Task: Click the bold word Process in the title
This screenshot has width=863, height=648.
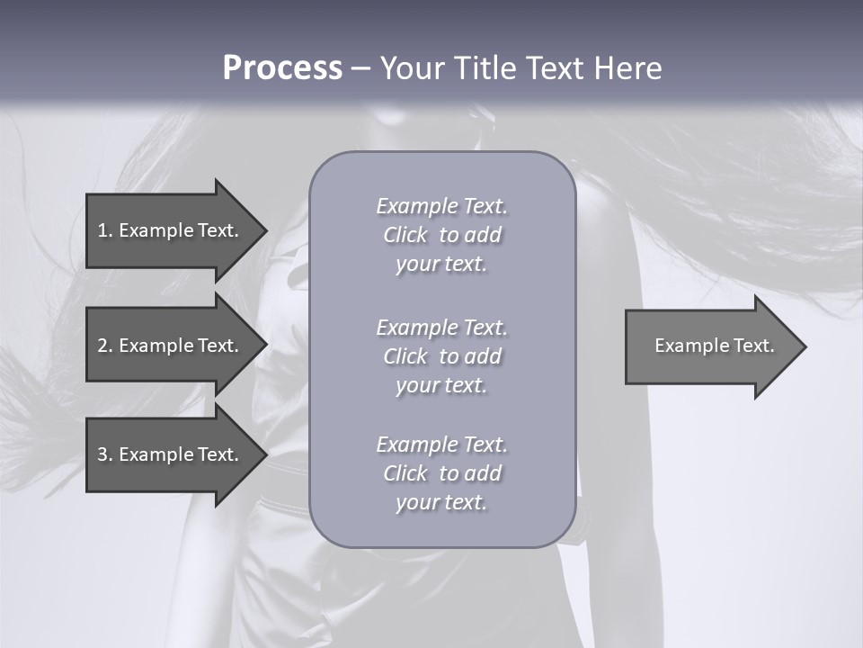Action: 282,68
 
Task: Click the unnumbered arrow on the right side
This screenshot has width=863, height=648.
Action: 710,346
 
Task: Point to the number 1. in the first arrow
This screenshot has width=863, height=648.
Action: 105,230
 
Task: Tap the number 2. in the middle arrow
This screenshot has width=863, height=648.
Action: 105,346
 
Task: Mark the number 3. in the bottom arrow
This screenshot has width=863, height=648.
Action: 105,454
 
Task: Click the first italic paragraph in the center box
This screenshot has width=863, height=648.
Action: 441,235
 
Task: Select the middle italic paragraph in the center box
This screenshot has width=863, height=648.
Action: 441,356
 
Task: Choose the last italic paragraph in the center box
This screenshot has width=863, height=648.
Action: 441,473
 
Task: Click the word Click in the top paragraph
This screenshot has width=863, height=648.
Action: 405,235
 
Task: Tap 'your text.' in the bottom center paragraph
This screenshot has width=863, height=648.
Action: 441,502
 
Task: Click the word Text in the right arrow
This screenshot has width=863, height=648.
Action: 755,346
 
